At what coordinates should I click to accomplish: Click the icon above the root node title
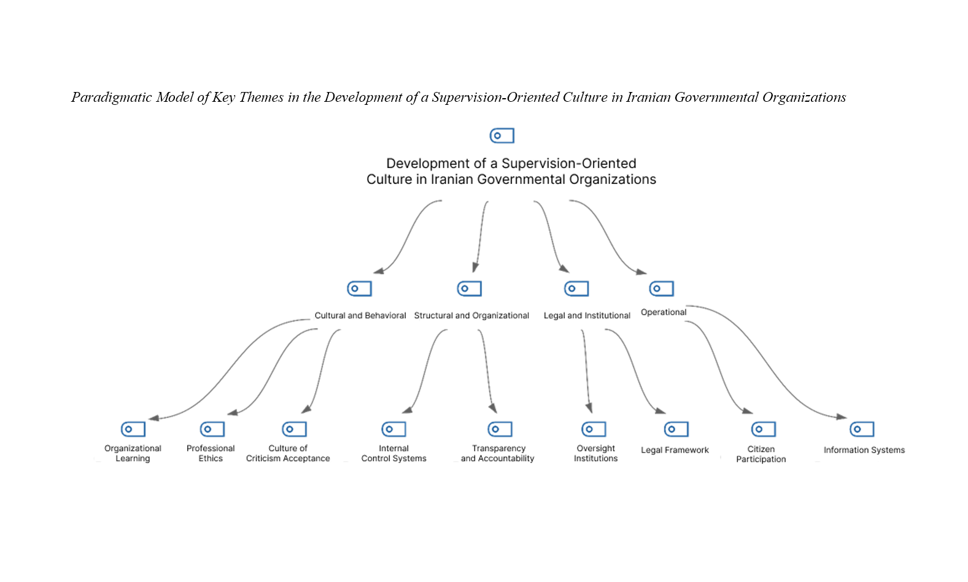501,136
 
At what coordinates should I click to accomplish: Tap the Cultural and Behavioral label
360,316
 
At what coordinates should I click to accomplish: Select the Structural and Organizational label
471,316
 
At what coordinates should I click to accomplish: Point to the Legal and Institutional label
587,316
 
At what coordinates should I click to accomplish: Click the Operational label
664,312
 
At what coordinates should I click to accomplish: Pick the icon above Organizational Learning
133,429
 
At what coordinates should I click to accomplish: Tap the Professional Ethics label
211,453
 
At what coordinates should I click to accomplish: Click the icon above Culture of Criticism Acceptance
294,429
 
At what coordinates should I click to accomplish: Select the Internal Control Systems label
393,453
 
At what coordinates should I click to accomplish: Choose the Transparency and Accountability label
497,453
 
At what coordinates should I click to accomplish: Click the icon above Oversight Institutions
594,429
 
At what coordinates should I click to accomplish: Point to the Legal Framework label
675,450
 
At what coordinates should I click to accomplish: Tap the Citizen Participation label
761,454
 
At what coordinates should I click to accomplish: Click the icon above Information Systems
862,429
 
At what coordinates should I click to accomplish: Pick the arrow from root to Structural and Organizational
480,237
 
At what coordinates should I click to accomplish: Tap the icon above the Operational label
662,288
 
